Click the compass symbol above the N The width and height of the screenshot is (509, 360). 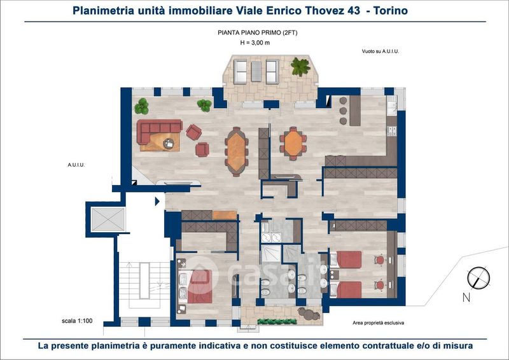click(478, 278)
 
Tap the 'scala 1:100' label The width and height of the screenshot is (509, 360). click(77, 321)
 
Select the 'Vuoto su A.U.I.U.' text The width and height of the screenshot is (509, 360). click(380, 52)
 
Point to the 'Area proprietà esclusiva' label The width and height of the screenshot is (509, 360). click(378, 322)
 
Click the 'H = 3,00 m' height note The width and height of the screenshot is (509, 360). click(255, 43)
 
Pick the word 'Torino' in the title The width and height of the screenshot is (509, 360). click(391, 11)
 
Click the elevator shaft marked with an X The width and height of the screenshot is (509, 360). click(108, 219)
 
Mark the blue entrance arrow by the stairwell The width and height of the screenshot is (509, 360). click(157, 202)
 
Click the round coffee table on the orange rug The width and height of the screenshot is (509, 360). click(169, 143)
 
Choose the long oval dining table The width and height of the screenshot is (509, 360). click(237, 151)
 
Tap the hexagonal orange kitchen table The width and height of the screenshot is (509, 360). click(293, 143)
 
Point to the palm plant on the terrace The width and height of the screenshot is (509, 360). click(300, 67)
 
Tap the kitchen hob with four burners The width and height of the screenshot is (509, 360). click(392, 131)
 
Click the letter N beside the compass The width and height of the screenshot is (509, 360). click(466, 297)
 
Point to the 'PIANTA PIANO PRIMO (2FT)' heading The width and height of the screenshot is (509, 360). click(258, 33)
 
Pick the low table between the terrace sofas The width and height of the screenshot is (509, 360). click(256, 71)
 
